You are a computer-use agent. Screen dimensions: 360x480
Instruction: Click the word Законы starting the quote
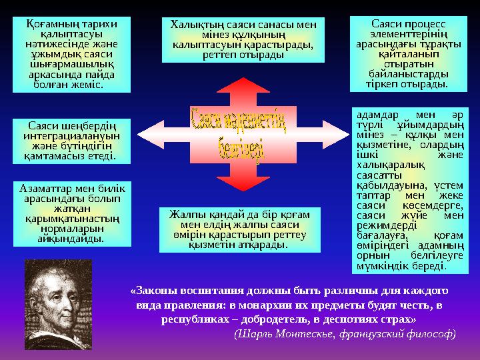pyautogui.click(x=153, y=291)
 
